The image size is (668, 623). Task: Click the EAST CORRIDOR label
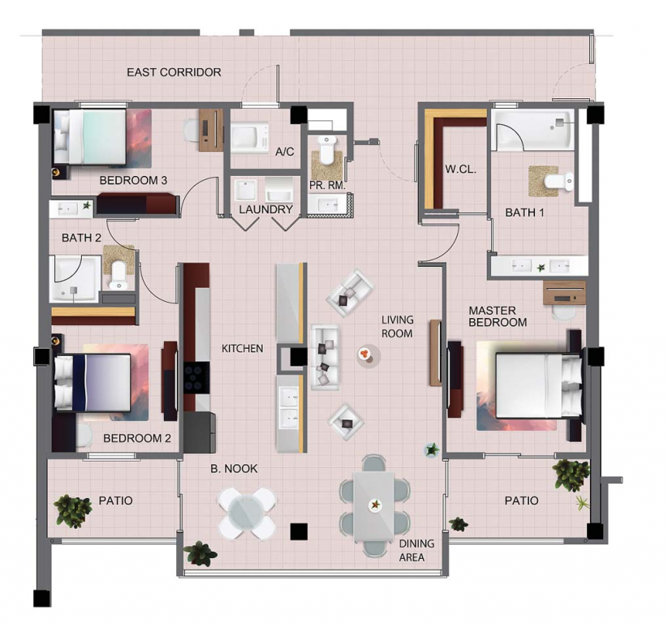click(174, 72)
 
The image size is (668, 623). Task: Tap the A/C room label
click(285, 152)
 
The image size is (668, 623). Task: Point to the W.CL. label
click(460, 169)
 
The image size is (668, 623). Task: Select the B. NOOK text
click(234, 468)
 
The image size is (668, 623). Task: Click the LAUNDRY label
click(266, 209)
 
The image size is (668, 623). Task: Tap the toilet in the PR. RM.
click(327, 150)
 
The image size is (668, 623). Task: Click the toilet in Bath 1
click(559, 181)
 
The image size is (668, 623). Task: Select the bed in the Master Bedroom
click(538, 385)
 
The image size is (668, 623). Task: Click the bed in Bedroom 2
click(93, 382)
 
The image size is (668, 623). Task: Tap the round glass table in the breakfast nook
click(247, 513)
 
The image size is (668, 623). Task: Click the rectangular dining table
click(374, 505)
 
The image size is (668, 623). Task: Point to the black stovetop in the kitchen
click(196, 378)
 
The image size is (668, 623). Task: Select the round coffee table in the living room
click(368, 355)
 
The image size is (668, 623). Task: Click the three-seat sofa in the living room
click(325, 357)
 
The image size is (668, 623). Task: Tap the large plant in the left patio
click(73, 510)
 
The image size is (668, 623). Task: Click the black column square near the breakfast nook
click(299, 531)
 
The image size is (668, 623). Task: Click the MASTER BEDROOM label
click(498, 316)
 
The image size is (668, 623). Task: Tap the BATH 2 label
click(81, 238)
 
